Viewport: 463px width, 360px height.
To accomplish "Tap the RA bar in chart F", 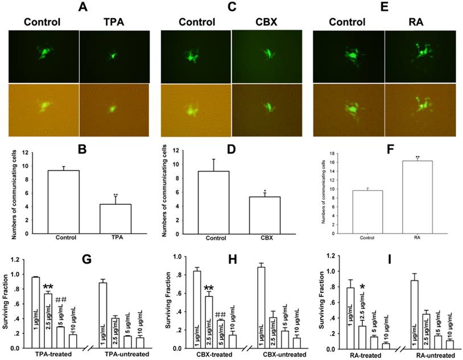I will (404, 193).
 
